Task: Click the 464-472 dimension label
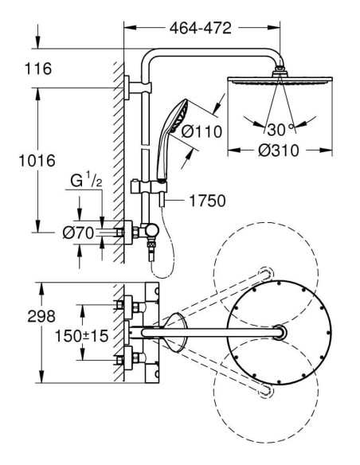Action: point(200,28)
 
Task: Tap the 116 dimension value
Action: point(38,68)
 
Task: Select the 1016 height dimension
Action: point(37,161)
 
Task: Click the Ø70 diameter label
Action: point(78,232)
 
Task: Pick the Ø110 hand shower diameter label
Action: point(202,131)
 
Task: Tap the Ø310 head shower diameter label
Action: point(279,150)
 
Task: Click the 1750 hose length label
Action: point(207,201)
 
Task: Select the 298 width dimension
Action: point(41,316)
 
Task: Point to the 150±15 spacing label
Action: point(82,336)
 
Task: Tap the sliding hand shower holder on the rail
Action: point(149,187)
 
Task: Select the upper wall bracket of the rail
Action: point(138,88)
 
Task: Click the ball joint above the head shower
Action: point(280,72)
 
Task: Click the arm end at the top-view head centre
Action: point(280,333)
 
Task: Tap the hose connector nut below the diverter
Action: point(151,244)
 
